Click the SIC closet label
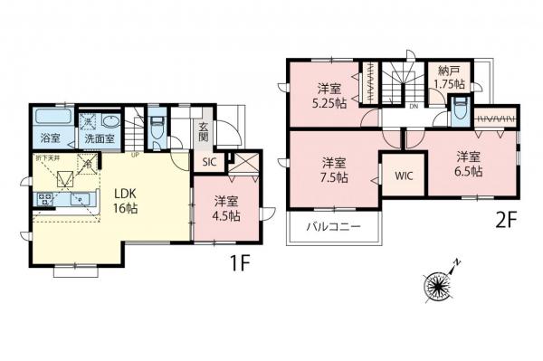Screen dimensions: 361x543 (x=208, y=163)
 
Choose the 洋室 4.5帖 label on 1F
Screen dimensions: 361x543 (x=226, y=209)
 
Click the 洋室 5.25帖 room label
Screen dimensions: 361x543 (x=329, y=95)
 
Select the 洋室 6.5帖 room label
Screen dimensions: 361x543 (x=468, y=162)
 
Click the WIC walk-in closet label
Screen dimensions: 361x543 (x=403, y=176)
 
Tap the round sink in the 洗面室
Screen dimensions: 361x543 (x=110, y=120)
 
